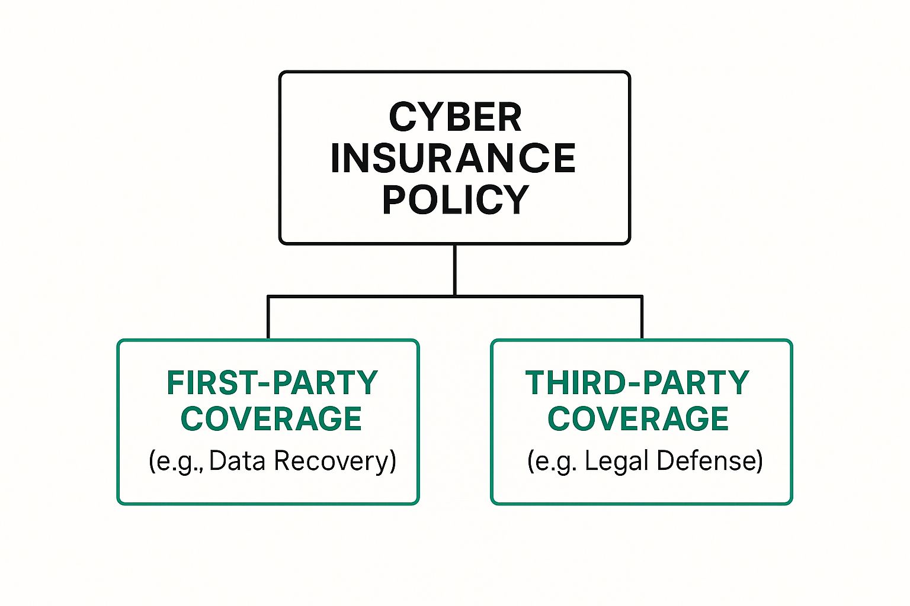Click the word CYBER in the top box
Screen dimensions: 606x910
pos(455,117)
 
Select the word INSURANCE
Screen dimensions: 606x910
pos(453,158)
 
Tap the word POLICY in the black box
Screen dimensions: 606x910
pos(455,199)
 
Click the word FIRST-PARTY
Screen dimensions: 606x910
pos(272,383)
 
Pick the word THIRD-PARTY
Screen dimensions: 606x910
pos(637,383)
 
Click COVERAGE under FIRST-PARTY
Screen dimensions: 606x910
pos(271,419)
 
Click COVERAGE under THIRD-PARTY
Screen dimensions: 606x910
pos(638,419)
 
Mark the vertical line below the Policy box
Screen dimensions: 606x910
pos(454,269)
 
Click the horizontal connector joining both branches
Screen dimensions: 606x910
pos(545,296)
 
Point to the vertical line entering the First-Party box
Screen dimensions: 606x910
pos(268,318)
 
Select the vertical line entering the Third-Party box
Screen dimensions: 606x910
pos(642,318)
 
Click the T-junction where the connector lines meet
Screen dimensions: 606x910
pos(454,296)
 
